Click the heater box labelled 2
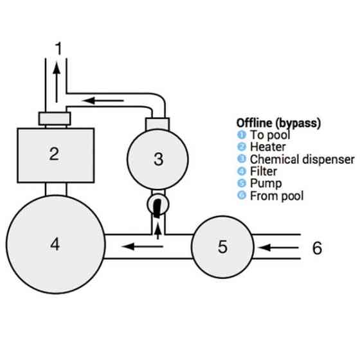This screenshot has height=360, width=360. coord(56,156)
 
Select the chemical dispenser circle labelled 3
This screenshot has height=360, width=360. coord(157,159)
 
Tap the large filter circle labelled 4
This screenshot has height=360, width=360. coord(55,244)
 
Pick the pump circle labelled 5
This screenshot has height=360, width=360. coord(222,247)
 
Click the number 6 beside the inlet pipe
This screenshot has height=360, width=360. coord(317,248)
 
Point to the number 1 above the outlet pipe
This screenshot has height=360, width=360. coord(59,48)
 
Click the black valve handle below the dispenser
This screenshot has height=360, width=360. coord(157,208)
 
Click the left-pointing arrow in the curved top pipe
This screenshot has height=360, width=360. coord(103,100)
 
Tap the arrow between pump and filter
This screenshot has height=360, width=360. coord(142,247)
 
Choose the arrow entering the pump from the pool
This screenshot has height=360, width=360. coord(278,248)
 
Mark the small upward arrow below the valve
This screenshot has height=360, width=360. coord(157,231)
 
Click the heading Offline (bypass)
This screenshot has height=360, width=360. coord(278,123)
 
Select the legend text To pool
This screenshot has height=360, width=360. coord(270,135)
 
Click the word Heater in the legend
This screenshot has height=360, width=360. coord(267,147)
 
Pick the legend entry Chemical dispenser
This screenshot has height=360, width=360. coord(302,159)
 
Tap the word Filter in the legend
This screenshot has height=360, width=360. coord(264,172)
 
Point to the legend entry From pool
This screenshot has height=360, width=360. coord(276,196)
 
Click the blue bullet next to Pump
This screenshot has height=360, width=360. coord(242,183)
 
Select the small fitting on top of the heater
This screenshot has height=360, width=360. coord(55,118)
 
